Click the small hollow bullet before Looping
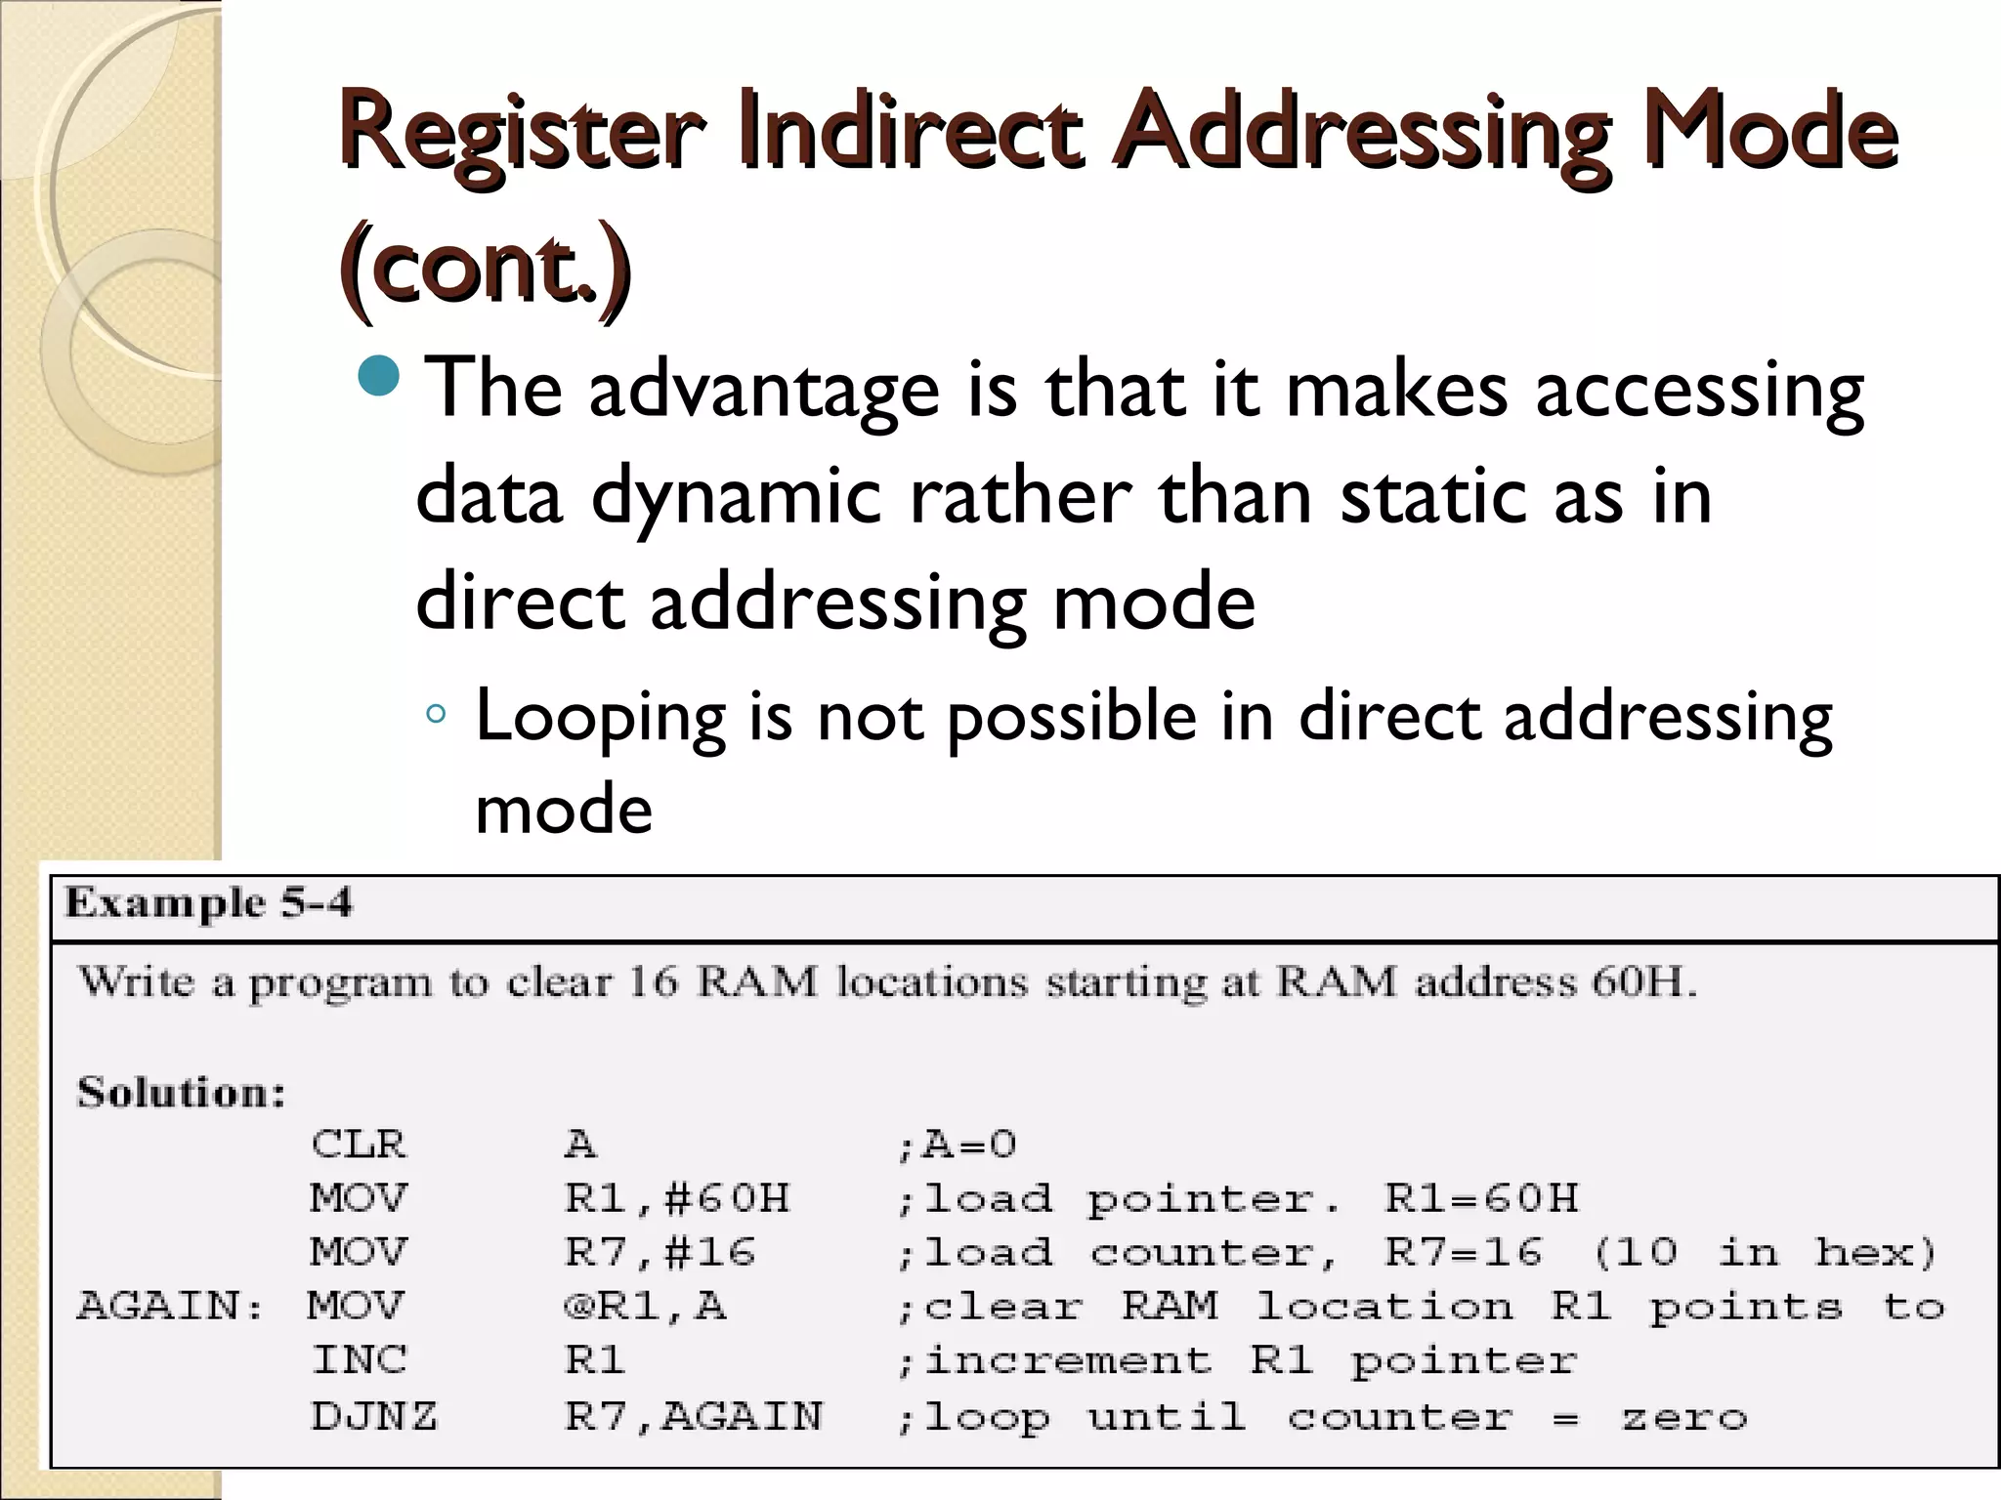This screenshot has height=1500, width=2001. [436, 716]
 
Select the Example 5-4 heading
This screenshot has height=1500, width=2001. [208, 903]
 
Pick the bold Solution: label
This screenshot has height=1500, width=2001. [181, 1092]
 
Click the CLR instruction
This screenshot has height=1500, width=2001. [358, 1144]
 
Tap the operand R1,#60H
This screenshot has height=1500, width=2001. [677, 1198]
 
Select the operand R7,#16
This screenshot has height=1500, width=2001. [660, 1252]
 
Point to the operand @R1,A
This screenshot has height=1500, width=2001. [645, 1306]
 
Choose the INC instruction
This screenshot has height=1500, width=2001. [359, 1359]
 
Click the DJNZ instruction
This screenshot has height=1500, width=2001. [374, 1415]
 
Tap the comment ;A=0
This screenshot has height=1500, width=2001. [957, 1144]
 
